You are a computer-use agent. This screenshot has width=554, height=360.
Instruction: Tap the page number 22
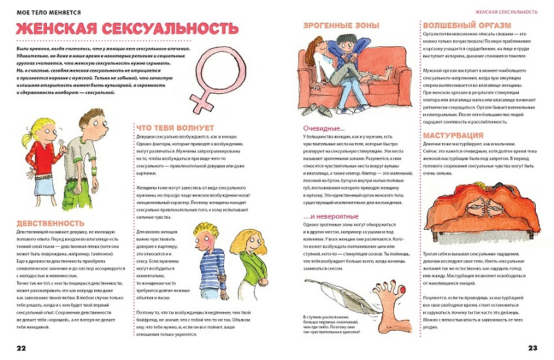tap(22, 347)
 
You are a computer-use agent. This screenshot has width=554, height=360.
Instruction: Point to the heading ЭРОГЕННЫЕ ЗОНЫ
tap(337, 25)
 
